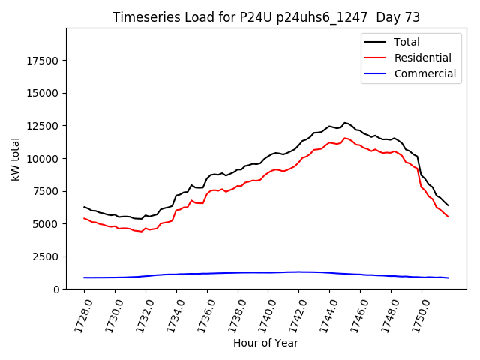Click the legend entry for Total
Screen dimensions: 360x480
point(406,42)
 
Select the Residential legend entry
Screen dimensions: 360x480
point(422,58)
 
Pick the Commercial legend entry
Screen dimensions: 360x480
point(424,73)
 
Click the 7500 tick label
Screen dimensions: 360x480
point(47,191)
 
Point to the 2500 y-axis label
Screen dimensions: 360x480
point(47,256)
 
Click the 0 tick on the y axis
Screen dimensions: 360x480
point(56,289)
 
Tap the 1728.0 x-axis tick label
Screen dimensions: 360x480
point(79,313)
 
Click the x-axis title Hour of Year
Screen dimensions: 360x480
point(265,343)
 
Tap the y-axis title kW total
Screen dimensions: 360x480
point(15,159)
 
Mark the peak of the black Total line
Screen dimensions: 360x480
point(345,123)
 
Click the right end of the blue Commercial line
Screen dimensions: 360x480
point(448,277)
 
